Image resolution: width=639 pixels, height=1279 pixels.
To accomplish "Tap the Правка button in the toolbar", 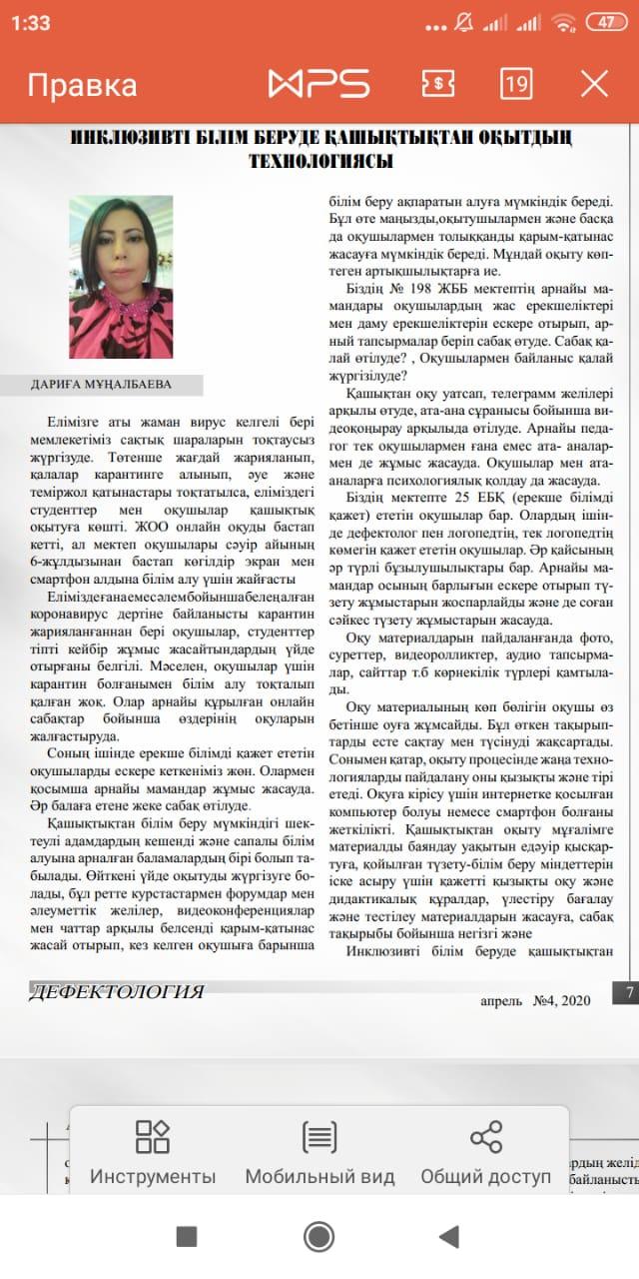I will click(82, 85).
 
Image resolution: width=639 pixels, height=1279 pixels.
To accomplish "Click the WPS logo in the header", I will click(319, 84).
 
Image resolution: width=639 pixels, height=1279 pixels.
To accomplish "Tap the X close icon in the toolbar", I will click(594, 84).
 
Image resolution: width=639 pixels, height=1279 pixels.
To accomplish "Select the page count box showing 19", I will click(515, 84).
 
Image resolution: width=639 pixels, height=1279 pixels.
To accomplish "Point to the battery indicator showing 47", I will click(605, 23).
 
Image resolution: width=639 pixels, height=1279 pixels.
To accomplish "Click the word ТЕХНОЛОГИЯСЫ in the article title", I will click(320, 161).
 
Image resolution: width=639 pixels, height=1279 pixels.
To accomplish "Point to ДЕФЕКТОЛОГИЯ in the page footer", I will click(118, 992).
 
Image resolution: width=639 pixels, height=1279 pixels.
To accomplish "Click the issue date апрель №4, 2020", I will click(536, 1000).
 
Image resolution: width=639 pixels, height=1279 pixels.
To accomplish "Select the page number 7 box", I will click(629, 993).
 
